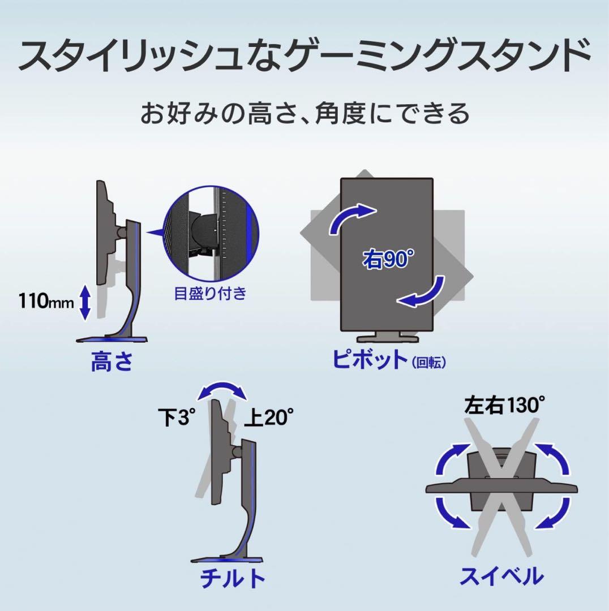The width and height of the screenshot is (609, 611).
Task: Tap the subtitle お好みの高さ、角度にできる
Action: [305, 113]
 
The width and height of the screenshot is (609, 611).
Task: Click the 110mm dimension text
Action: [46, 301]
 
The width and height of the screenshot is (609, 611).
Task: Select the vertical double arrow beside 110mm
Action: [85, 302]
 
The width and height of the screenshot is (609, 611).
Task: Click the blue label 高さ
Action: [112, 361]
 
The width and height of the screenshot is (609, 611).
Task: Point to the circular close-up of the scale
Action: [211, 234]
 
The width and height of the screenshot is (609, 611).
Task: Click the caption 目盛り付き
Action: [210, 293]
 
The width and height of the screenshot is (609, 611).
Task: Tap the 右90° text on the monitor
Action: [388, 259]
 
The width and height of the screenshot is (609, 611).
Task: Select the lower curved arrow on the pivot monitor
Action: [425, 294]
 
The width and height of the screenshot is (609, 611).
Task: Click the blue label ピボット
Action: [370, 359]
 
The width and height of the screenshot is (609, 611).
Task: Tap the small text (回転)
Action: [429, 363]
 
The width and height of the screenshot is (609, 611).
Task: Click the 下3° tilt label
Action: [176, 418]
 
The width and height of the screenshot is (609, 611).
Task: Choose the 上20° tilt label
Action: [269, 418]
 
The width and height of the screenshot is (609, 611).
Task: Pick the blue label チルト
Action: [233, 578]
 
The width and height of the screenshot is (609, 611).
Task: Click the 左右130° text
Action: [504, 405]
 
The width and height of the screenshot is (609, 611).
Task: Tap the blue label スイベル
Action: [502, 576]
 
